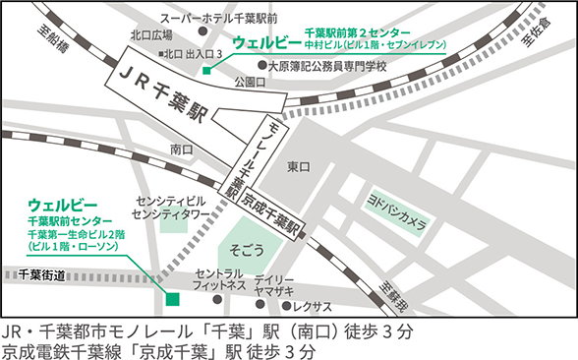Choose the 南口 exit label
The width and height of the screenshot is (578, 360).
coord(181,150)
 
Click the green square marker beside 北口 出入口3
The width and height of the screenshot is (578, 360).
coord(205,69)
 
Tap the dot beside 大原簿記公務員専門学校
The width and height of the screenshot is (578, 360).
coord(261,66)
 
